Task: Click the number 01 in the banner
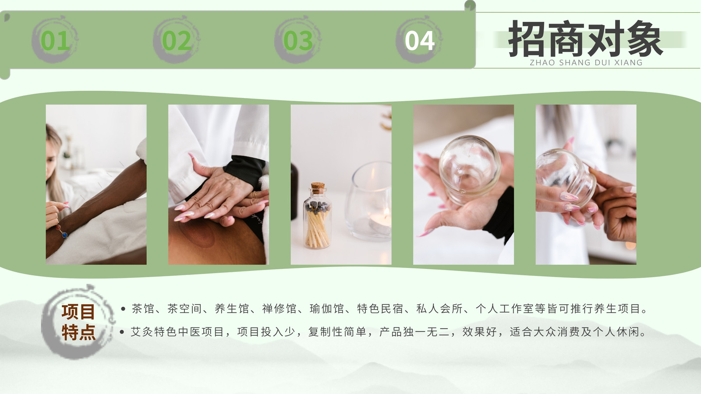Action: pyautogui.click(x=55, y=41)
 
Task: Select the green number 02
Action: pyautogui.click(x=177, y=41)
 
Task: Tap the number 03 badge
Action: pyautogui.click(x=298, y=41)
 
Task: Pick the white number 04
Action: pyautogui.click(x=419, y=41)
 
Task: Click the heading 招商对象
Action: pyautogui.click(x=585, y=39)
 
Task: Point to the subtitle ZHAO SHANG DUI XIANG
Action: pyautogui.click(x=586, y=63)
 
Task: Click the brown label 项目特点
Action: pyautogui.click(x=78, y=322)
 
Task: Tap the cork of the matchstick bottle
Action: pyautogui.click(x=318, y=188)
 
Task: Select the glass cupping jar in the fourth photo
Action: pyautogui.click(x=469, y=169)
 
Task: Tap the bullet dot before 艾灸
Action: pyautogui.click(x=123, y=332)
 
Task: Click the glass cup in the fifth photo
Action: pyautogui.click(x=565, y=178)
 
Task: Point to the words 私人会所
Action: pyautogui.click(x=439, y=309)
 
